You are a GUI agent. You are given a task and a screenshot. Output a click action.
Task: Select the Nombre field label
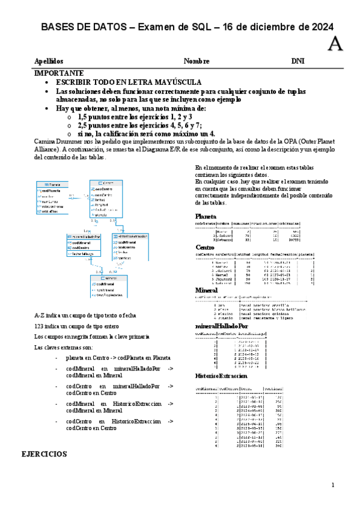197,61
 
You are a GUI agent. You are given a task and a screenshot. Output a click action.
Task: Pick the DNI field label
298,61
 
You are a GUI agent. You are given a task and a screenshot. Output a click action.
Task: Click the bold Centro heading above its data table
206,247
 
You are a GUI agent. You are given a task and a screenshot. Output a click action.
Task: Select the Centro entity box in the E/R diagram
106,198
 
